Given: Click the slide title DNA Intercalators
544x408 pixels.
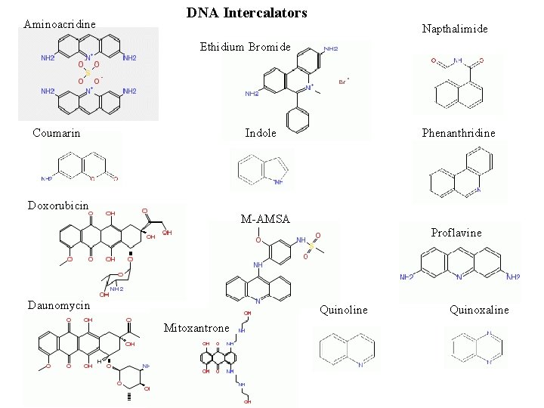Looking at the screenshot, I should click(x=246, y=13).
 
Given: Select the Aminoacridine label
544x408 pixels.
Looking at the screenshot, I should click(x=60, y=24).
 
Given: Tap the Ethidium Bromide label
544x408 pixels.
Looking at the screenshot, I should click(x=245, y=47).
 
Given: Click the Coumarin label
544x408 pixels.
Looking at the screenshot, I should click(x=57, y=133).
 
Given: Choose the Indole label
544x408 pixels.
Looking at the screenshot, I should click(x=261, y=133).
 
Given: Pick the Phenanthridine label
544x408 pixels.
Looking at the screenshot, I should click(x=459, y=133).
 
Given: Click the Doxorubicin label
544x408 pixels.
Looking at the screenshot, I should click(x=58, y=206).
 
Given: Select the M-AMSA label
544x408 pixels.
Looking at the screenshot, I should click(x=264, y=219).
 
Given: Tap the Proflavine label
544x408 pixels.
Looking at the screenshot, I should click(x=456, y=233).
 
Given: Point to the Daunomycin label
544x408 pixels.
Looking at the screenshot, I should click(x=59, y=305).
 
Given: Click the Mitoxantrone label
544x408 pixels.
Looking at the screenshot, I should click(x=196, y=328).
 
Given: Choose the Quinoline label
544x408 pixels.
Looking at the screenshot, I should click(x=344, y=310).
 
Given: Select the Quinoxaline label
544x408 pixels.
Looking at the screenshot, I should click(x=479, y=310).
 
